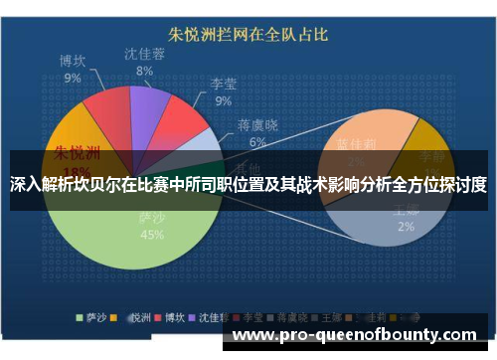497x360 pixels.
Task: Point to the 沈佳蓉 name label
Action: click(x=145, y=54)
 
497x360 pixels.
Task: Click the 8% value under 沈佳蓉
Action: click(x=145, y=71)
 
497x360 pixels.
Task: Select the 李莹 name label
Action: click(x=223, y=85)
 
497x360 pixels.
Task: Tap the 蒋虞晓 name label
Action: click(x=257, y=125)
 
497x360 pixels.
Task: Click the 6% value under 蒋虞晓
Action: click(x=257, y=142)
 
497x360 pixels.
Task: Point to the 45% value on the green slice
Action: click(x=152, y=235)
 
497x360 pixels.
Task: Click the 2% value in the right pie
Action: click(x=407, y=226)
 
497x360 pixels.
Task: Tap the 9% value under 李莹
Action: click(x=223, y=100)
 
